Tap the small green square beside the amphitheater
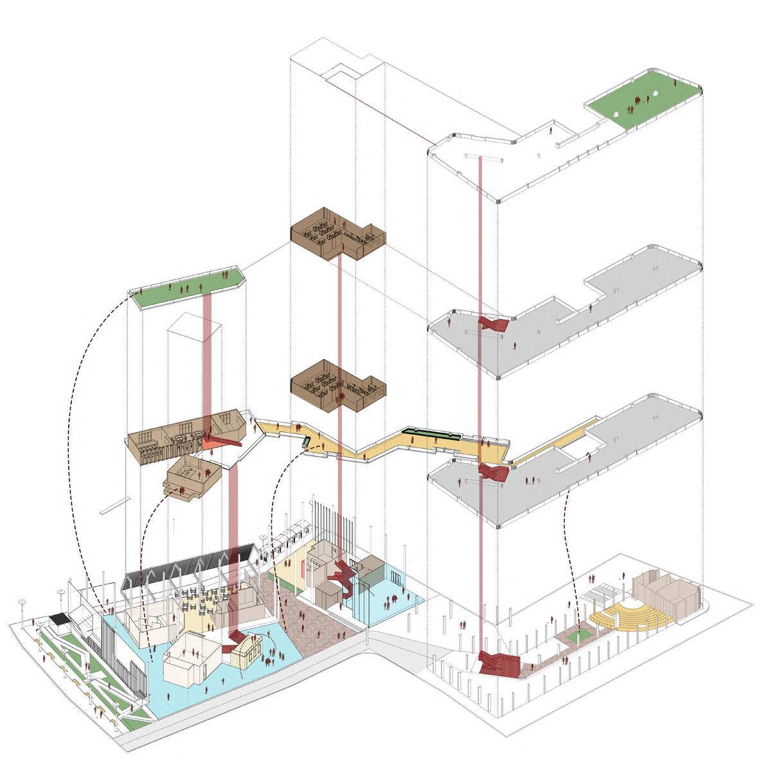click(x=582, y=636)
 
